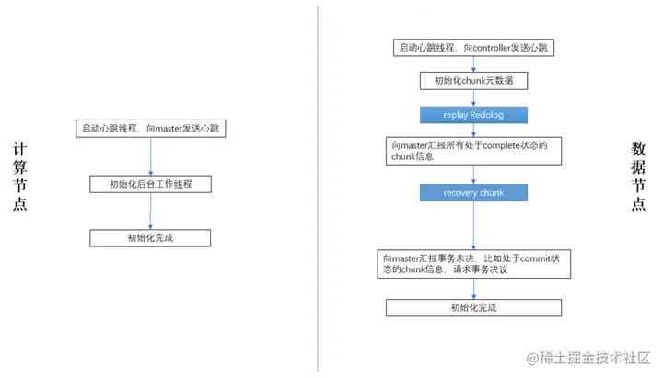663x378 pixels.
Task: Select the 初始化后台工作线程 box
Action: coord(151,184)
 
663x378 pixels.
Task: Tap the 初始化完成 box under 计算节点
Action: coord(151,238)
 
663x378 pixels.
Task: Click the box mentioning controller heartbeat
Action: coord(475,47)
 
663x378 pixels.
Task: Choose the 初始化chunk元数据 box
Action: coord(474,81)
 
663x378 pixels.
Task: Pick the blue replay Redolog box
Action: coord(474,115)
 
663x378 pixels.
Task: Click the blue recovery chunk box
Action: coord(474,193)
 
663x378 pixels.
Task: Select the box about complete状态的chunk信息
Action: coord(474,151)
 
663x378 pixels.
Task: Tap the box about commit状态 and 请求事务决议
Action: coord(474,264)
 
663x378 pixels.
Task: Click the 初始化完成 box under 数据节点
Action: coord(473,307)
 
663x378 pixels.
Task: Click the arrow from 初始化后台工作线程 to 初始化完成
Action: coord(151,212)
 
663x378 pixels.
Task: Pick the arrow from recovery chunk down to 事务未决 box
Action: coord(474,225)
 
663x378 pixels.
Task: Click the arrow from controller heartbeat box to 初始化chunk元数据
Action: coord(474,63)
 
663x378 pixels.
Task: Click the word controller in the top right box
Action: coord(498,47)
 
